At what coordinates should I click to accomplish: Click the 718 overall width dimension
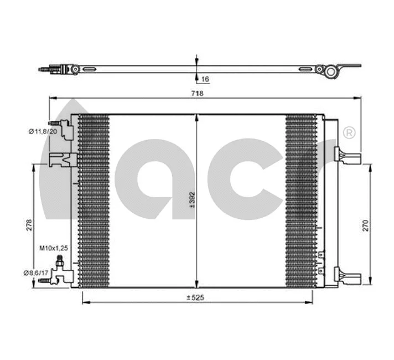point(196,94)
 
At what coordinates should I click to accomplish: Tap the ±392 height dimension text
point(191,201)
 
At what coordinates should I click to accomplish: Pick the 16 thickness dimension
point(205,80)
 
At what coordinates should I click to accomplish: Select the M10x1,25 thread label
point(53,249)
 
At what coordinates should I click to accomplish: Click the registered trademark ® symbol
point(349,133)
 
